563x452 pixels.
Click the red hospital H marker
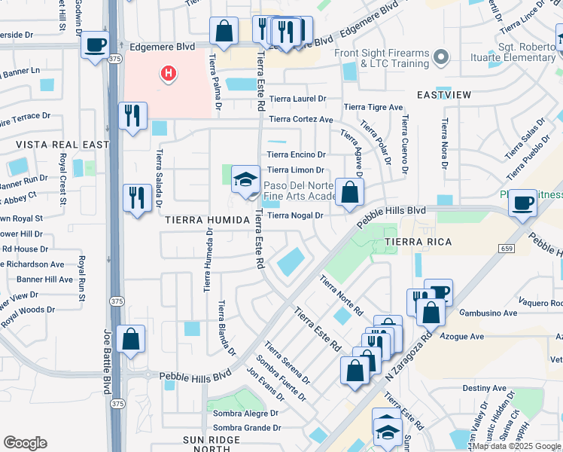(x=169, y=73)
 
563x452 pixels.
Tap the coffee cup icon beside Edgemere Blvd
(x=95, y=45)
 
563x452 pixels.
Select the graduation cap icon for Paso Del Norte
(x=245, y=180)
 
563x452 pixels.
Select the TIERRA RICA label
(x=418, y=242)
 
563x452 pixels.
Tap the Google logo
(x=25, y=443)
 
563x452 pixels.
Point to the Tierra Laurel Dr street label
(x=298, y=99)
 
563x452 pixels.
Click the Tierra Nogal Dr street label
(x=295, y=215)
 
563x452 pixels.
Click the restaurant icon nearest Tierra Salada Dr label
(x=136, y=197)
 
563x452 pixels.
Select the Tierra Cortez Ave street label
(x=301, y=119)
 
